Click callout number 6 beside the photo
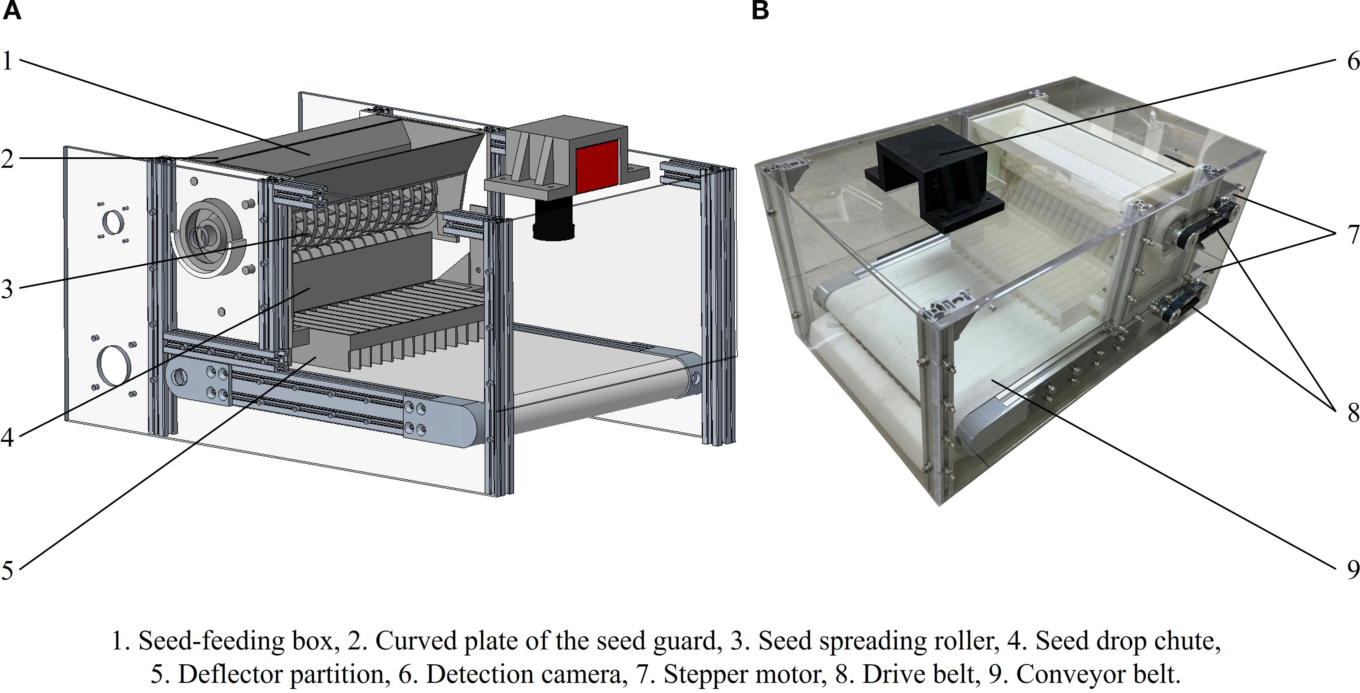click(1353, 61)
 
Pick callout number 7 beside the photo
click(1353, 234)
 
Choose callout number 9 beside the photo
click(1353, 569)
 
